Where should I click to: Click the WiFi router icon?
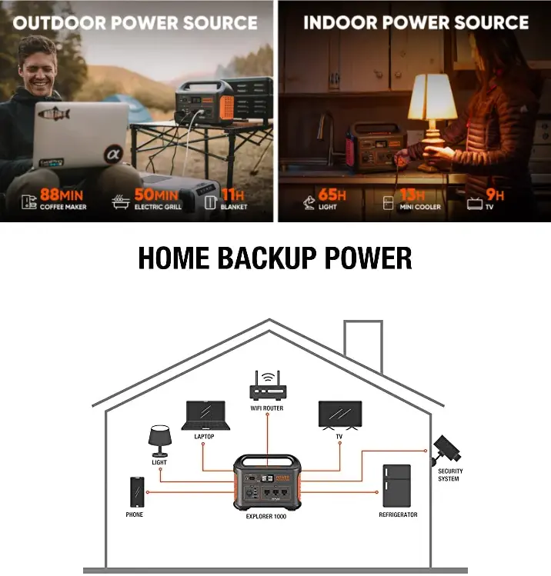click(267, 387)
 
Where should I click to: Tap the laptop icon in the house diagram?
click(205, 416)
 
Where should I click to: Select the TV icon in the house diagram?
click(339, 415)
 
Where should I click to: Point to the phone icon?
click(137, 491)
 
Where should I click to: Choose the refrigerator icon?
click(396, 485)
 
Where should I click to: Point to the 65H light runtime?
click(332, 195)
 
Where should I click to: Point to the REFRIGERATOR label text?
click(398, 514)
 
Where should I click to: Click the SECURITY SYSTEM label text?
click(449, 474)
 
